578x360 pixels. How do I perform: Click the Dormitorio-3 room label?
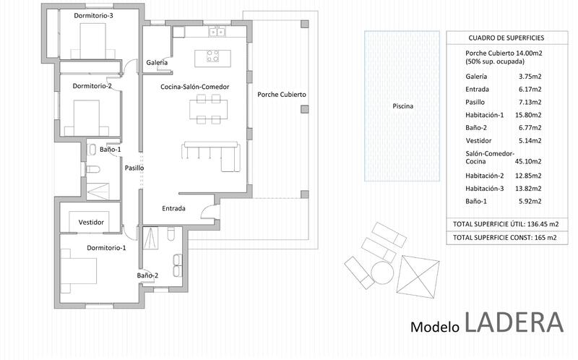click(x=93, y=15)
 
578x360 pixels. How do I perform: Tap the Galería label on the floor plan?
click(x=157, y=62)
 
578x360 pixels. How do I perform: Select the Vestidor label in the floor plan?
click(x=91, y=222)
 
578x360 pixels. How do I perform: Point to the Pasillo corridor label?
click(x=134, y=168)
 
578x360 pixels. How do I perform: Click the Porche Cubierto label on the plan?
click(x=282, y=95)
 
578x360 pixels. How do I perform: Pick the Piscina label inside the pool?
click(x=402, y=106)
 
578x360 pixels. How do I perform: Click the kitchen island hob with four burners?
click(x=212, y=56)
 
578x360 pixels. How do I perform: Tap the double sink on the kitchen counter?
click(x=217, y=32)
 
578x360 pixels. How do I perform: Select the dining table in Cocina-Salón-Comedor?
click(x=208, y=109)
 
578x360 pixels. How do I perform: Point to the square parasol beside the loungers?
click(x=418, y=277)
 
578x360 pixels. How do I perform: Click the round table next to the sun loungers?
click(x=382, y=273)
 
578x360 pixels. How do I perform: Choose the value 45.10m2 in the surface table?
click(x=528, y=161)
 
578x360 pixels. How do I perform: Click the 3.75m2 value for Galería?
click(x=530, y=77)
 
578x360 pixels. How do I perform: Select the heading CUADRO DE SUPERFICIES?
click(x=506, y=38)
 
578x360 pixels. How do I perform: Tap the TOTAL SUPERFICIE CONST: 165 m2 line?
click(x=504, y=238)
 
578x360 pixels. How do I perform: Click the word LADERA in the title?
click(x=514, y=322)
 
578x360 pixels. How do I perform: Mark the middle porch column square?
click(x=304, y=109)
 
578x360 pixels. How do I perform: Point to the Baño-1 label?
click(x=111, y=150)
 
